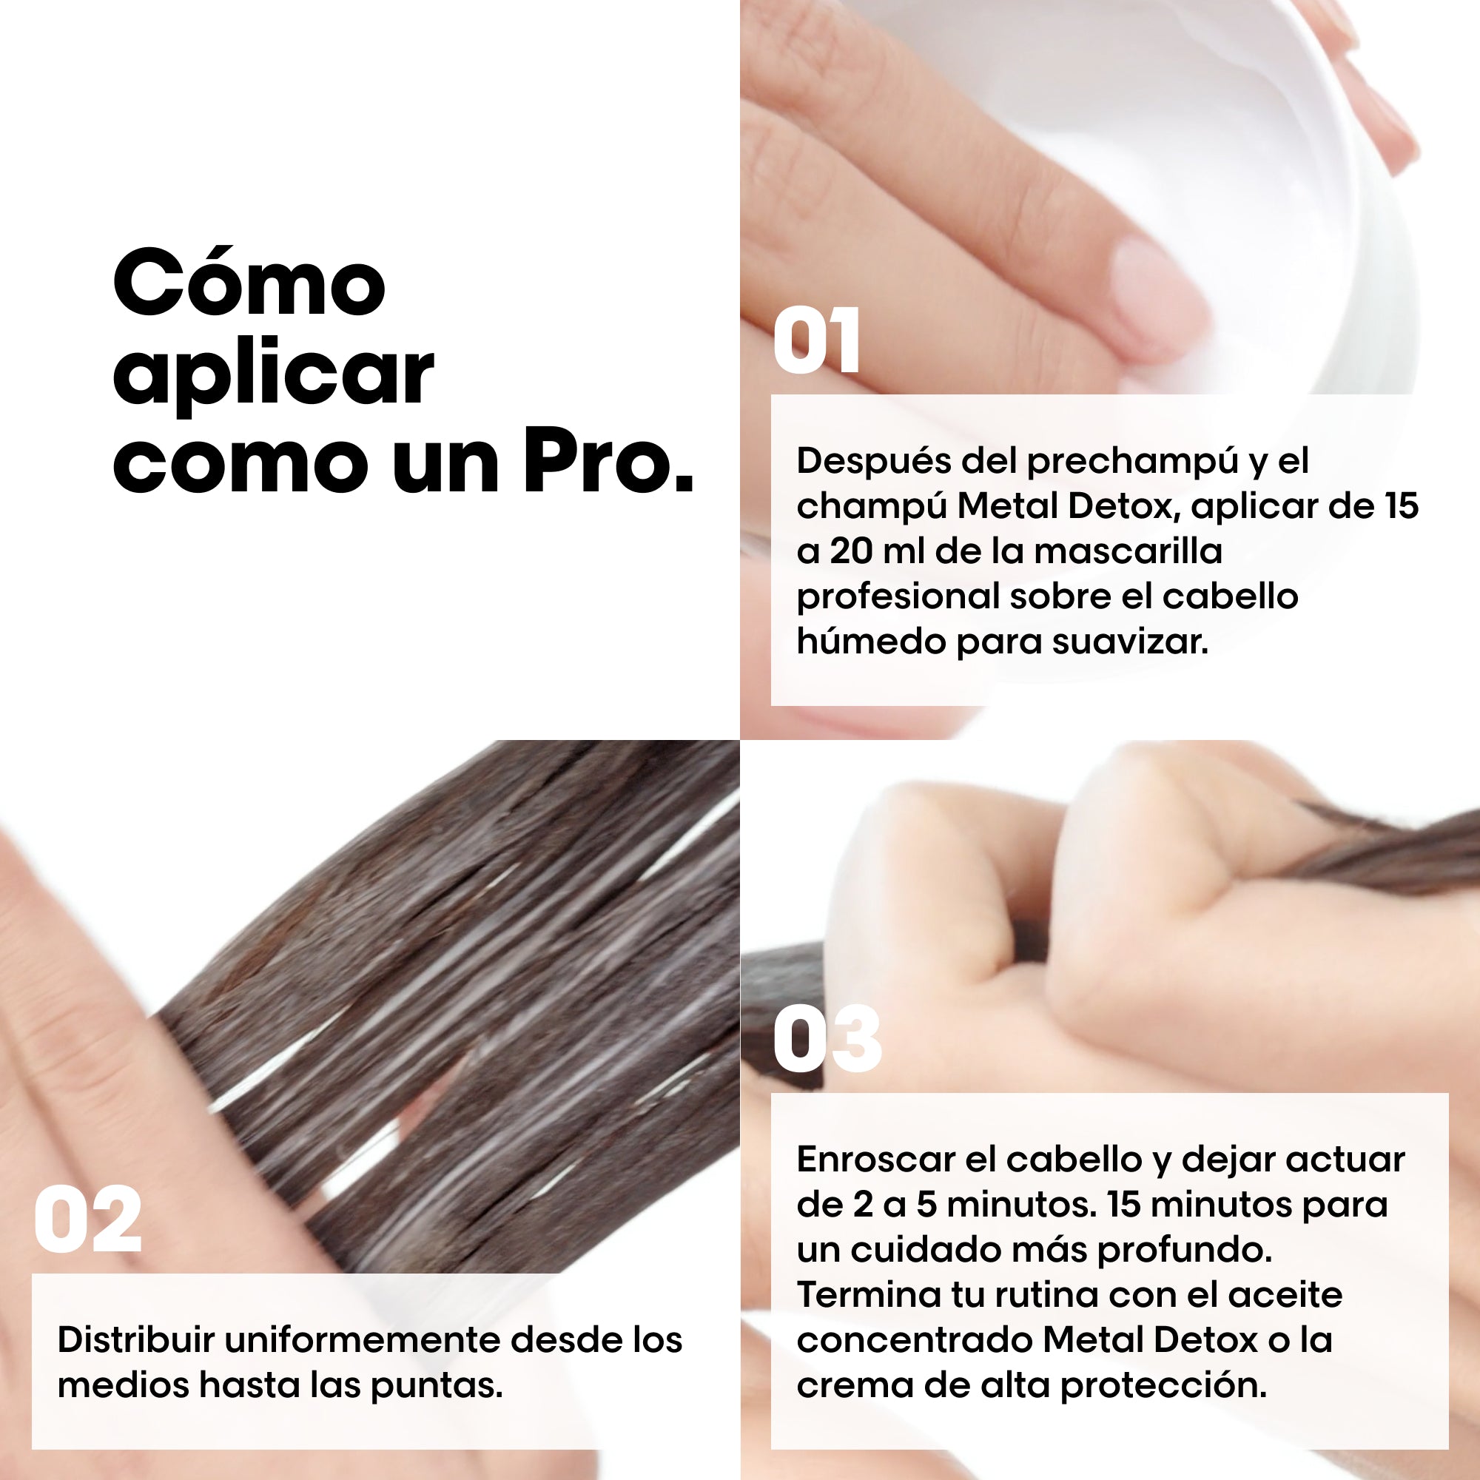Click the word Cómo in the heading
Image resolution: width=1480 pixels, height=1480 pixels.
tap(249, 283)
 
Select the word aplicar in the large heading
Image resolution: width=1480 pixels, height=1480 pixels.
tap(274, 375)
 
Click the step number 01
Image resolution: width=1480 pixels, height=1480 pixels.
tap(817, 340)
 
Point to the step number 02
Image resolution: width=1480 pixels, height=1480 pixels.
tap(88, 1220)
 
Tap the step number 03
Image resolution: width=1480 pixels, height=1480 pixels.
tap(827, 1039)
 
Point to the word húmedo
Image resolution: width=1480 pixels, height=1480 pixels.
tap(870, 641)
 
